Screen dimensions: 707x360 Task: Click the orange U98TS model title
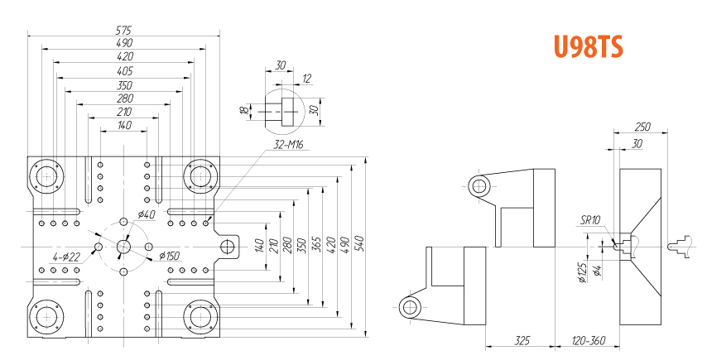pos(589,46)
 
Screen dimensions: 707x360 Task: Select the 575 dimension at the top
pos(123,30)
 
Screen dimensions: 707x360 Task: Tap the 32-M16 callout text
pos(289,145)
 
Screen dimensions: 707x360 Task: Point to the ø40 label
pos(146,214)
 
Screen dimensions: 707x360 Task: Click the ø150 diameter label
pos(170,256)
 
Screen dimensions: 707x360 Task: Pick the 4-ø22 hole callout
pos(66,257)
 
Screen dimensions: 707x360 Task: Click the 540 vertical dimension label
pos(359,244)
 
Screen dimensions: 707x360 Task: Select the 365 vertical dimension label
pos(316,244)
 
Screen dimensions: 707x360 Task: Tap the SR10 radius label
pos(590,220)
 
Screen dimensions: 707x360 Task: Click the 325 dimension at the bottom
pos(522,340)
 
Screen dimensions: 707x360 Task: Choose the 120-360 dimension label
pos(589,340)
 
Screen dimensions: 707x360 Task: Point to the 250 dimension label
pos(642,127)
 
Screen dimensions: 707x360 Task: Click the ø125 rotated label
pos(583,272)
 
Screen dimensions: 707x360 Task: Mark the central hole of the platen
pos(123,247)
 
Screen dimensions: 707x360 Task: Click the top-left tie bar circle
pos(46,176)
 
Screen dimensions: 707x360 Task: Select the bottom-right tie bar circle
pos(201,317)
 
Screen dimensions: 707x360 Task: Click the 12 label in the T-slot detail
pos(306,79)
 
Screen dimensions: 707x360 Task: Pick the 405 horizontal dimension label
pos(125,70)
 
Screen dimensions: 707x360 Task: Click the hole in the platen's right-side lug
pos(227,247)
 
